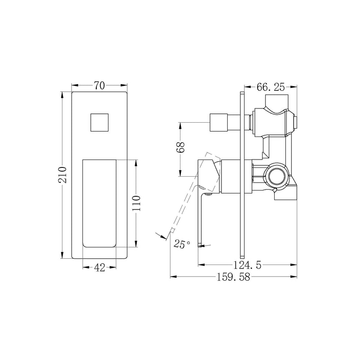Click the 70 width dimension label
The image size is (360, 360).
click(x=99, y=86)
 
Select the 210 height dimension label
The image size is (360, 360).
click(x=62, y=175)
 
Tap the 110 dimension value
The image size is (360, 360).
click(x=136, y=203)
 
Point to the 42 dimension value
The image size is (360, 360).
click(x=100, y=267)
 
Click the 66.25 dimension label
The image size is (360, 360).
click(x=271, y=87)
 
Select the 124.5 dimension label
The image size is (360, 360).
click(x=247, y=265)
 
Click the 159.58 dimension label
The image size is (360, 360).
click(x=233, y=277)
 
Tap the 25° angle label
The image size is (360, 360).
click(x=182, y=244)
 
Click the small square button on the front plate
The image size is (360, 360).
click(x=99, y=122)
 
